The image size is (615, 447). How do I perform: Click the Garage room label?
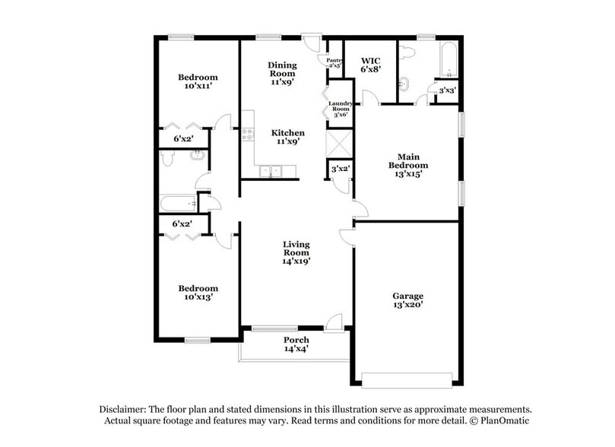click(407, 296)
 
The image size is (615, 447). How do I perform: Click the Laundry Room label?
click(339, 109)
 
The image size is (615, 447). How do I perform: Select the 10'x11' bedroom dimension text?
click(198, 87)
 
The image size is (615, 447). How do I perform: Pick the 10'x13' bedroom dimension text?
click(198, 297)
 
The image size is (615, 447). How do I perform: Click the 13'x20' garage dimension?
click(407, 304)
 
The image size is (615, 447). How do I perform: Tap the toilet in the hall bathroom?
click(169, 159)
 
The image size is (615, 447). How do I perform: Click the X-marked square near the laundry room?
click(337, 142)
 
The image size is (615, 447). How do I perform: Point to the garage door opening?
click(408, 378)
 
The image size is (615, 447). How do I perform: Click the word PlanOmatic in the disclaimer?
click(500, 420)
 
